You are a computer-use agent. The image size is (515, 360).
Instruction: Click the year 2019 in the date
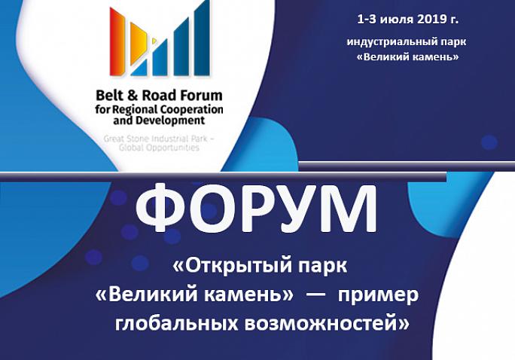[430, 20]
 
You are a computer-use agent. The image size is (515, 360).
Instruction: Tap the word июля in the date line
[397, 20]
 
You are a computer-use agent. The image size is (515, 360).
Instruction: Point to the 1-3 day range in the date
[367, 20]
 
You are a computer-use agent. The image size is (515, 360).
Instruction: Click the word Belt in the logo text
[108, 96]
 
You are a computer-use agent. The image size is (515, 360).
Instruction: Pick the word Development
[171, 121]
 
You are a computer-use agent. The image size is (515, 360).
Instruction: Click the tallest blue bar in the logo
[202, 38]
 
